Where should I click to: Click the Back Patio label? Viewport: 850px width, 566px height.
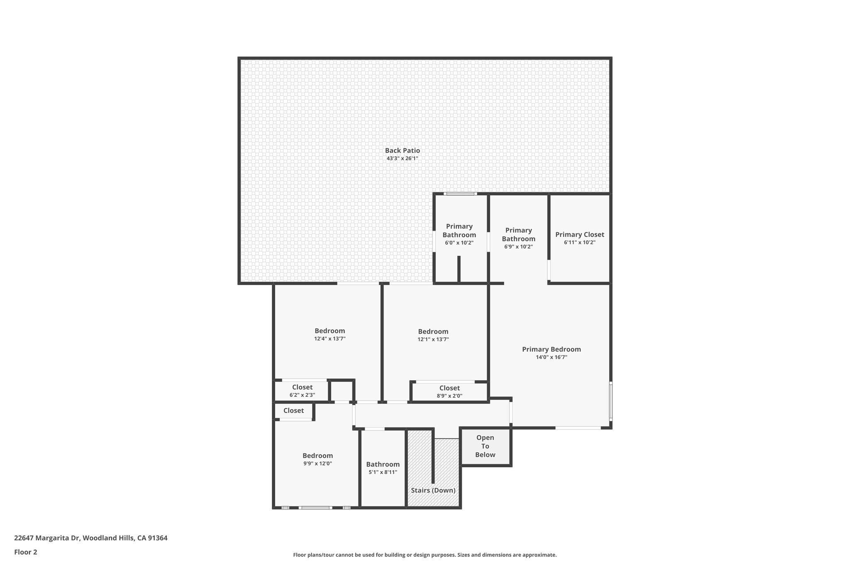(402, 151)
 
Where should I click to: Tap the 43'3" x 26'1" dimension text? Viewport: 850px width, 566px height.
(402, 158)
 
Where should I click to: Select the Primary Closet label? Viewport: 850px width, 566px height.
(579, 235)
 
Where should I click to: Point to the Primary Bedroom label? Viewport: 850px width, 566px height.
(551, 349)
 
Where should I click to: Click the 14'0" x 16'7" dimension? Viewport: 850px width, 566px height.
(551, 357)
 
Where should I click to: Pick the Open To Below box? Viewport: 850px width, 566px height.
(485, 446)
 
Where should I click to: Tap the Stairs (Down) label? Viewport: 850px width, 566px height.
(433, 490)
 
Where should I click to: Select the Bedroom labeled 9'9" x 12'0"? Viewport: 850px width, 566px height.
(318, 459)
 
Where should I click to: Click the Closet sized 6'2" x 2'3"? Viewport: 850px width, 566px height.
(302, 391)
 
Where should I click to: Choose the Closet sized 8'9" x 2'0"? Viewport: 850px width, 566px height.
(449, 392)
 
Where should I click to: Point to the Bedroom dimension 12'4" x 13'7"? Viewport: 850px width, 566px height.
(330, 339)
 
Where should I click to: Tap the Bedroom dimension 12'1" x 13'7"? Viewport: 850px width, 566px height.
(433, 340)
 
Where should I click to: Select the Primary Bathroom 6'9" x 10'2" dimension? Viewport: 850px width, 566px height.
(518, 247)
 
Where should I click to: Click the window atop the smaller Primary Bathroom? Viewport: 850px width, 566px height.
(460, 194)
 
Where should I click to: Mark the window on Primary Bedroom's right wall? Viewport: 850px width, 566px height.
(611, 401)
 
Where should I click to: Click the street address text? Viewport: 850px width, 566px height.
(91, 538)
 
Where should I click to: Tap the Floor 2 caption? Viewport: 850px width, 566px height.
(26, 552)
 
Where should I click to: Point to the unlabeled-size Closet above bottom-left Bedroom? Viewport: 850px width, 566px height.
(293, 411)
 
